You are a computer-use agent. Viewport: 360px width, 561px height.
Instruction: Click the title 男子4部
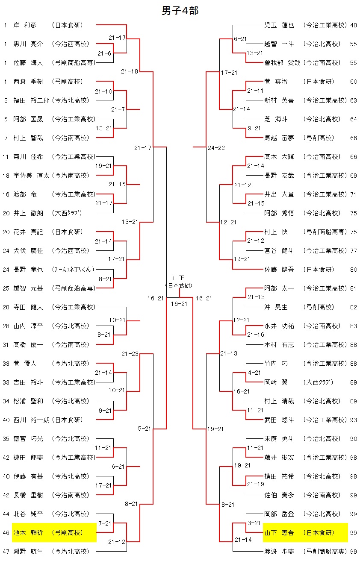point(180,11)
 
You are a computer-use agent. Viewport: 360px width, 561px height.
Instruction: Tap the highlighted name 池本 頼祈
point(28,533)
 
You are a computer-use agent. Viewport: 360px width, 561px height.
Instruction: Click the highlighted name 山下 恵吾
point(279,533)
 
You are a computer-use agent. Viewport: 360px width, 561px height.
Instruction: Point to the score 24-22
point(216,148)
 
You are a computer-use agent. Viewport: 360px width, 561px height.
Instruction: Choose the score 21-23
point(130,353)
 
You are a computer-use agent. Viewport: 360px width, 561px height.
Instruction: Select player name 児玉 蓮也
point(279,25)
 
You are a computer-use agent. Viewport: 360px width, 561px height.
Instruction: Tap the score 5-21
point(144,429)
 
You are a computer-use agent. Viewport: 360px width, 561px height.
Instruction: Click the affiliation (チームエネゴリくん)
point(73,270)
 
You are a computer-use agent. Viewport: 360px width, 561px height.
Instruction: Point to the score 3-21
point(254,523)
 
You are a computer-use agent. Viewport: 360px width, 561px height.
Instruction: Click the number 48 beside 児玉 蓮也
point(353,25)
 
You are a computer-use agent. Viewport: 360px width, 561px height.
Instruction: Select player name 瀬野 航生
point(28,552)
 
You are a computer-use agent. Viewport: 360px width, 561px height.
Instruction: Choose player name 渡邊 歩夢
point(279,552)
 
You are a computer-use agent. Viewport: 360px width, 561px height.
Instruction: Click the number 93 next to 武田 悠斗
point(353,420)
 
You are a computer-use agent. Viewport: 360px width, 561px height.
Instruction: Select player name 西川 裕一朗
point(31,420)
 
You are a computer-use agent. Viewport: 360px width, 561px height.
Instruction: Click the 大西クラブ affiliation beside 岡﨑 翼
point(318,382)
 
